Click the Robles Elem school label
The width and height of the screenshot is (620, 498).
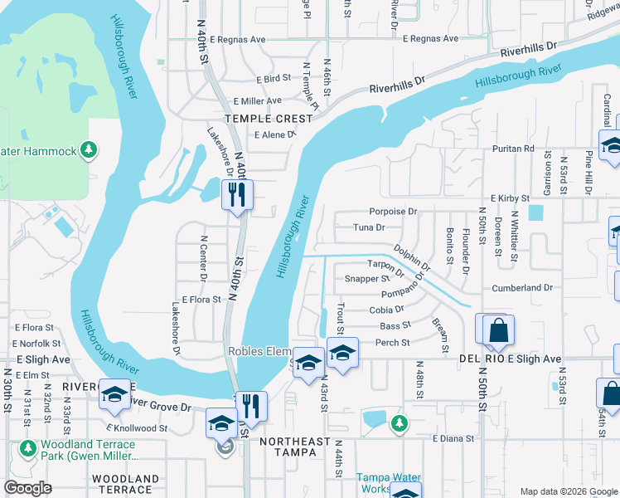pyautogui.click(x=258, y=351)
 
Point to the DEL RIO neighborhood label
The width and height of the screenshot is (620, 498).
pyautogui.click(x=480, y=359)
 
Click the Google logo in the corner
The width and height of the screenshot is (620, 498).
pyautogui.click(x=27, y=488)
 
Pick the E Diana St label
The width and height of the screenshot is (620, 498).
pyautogui.click(x=453, y=438)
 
